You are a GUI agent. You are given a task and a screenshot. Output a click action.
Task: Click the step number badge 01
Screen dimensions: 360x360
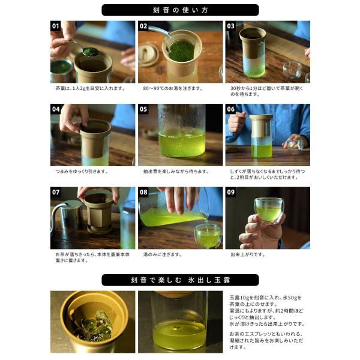coord(55,26)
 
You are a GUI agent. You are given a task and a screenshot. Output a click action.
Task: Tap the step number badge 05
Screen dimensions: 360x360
coord(143,109)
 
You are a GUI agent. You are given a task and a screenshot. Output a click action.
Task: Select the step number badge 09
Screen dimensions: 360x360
coord(231,192)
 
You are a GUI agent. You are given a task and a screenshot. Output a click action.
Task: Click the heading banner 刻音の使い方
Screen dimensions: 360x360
coord(180,10)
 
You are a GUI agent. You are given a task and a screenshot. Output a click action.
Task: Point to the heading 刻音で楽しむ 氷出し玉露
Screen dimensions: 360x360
coord(180,280)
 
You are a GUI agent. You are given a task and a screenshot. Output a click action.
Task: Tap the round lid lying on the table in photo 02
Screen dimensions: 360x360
coord(148,54)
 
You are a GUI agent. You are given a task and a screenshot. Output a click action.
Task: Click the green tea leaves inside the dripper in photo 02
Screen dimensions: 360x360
coord(182,51)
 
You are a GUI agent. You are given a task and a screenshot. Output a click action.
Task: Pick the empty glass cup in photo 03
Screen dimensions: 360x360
coord(292,70)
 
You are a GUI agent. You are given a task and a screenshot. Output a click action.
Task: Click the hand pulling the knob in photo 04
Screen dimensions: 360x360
coord(73,117)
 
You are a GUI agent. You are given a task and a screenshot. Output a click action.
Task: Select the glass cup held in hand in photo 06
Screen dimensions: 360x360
coord(295,146)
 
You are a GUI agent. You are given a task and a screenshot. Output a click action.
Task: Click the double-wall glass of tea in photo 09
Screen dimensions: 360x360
coord(269,211)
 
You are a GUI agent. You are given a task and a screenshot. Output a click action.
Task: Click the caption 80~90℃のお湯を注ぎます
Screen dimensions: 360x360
coord(173,88)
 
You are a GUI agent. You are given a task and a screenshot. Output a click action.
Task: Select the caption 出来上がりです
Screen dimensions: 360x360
coord(248,254)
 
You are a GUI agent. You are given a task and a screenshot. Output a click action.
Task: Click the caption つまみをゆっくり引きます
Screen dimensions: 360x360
coord(82,172)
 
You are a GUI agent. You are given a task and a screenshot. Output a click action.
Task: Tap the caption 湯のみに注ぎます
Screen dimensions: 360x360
coord(163,254)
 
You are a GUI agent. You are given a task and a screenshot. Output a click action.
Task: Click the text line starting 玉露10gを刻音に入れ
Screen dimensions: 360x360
coord(266,298)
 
